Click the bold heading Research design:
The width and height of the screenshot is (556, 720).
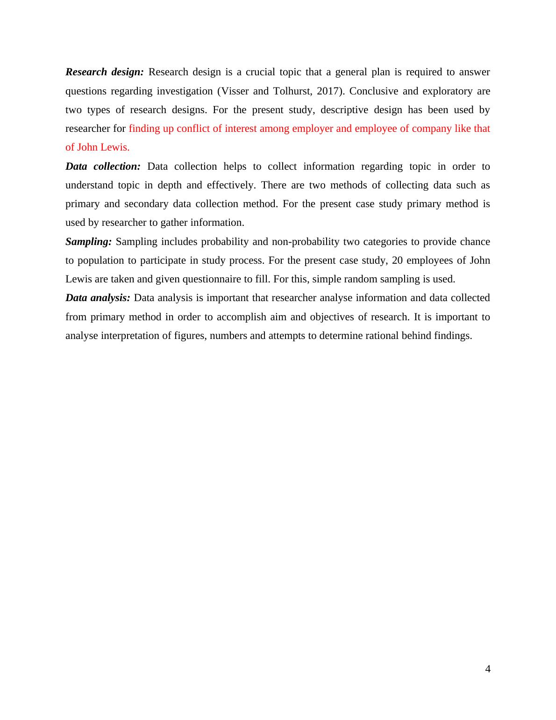(105, 72)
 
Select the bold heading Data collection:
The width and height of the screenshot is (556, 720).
(103, 166)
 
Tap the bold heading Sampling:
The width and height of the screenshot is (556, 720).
(89, 242)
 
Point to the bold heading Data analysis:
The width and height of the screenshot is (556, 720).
(98, 298)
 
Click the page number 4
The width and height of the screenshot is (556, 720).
(488, 669)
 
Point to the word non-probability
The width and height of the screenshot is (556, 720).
(306, 242)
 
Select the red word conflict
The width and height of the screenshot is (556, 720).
(193, 129)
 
